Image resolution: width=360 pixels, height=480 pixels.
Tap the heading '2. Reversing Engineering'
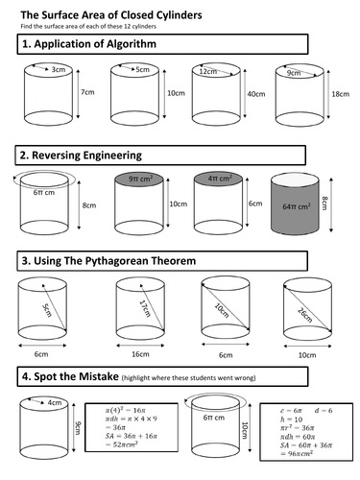coord(80,155)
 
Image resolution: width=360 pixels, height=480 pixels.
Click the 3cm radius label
coord(59,69)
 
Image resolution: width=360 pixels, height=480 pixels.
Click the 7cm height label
coord(87,93)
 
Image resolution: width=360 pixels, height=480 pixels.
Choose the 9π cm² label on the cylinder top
coord(140,179)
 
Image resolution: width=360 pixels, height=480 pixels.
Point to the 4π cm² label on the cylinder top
coord(218,178)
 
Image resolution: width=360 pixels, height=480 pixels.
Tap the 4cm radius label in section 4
coord(56,403)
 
